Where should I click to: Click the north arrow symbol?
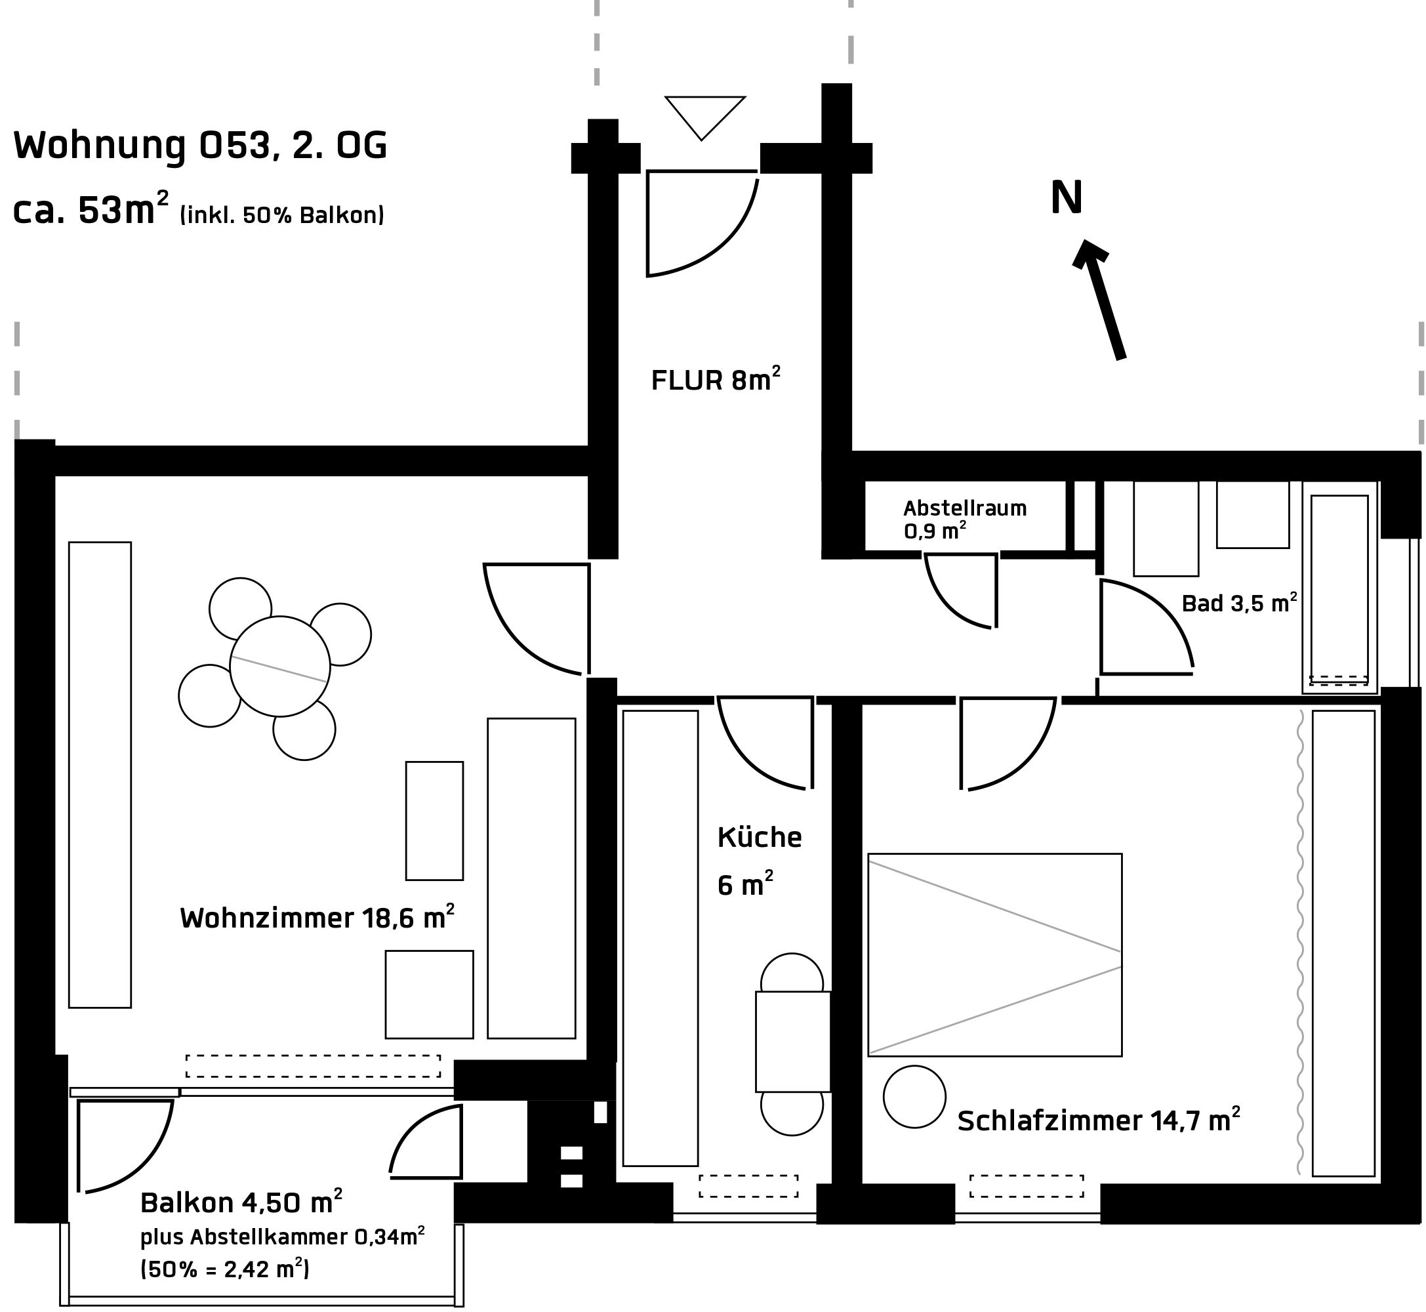(x=1098, y=299)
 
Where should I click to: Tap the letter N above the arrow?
(x=1066, y=197)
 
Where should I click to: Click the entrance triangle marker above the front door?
(x=705, y=118)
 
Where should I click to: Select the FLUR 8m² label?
(x=716, y=379)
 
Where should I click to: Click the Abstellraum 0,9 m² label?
(x=965, y=519)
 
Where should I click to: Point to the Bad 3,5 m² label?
(x=1239, y=602)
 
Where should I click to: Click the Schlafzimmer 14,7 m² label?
(x=1099, y=1120)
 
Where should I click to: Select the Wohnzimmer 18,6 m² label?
(x=317, y=916)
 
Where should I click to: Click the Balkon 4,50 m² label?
(x=241, y=1202)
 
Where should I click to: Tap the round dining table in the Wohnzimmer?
(x=279, y=666)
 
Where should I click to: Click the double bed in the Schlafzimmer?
(x=994, y=955)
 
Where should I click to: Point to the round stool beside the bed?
(x=914, y=1096)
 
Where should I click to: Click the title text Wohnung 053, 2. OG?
(x=201, y=146)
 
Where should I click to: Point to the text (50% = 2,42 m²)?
(x=225, y=1268)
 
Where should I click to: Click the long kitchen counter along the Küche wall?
(x=660, y=938)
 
